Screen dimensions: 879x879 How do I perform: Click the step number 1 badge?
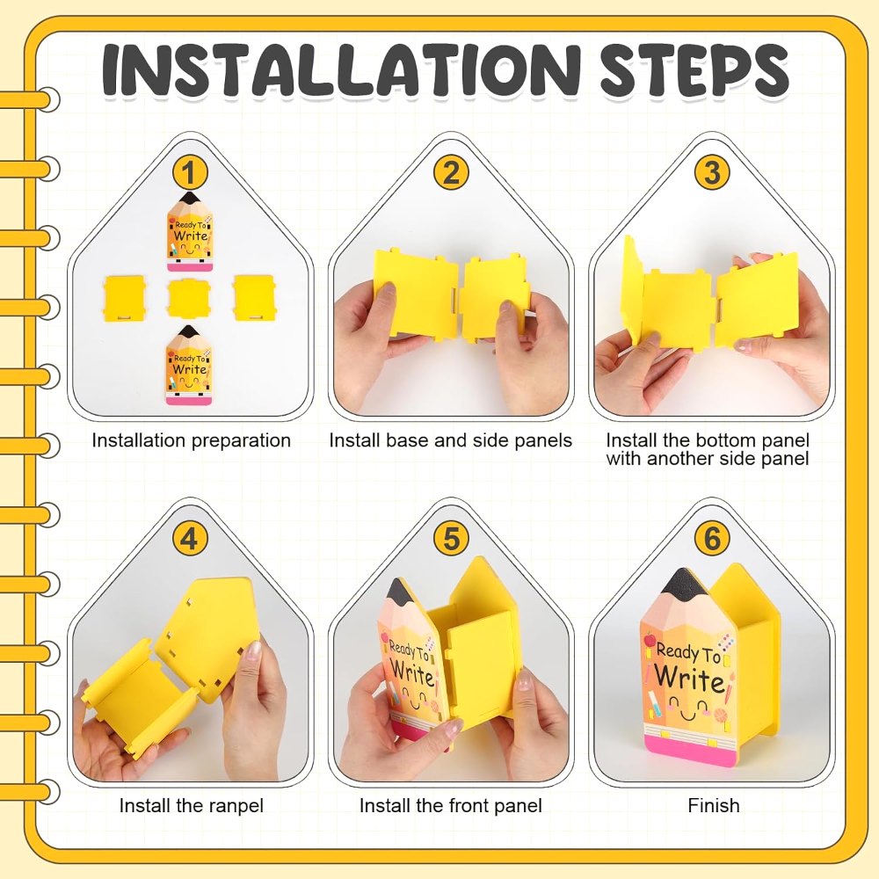tap(190, 172)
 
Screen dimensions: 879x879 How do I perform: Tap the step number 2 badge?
tap(451, 172)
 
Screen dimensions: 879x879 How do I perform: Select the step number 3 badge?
tap(712, 172)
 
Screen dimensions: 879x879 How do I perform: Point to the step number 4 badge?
tap(190, 539)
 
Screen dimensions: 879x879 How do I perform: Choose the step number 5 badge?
tap(451, 539)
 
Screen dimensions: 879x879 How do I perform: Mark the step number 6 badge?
tap(712, 539)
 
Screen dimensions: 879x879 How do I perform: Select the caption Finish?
tap(714, 805)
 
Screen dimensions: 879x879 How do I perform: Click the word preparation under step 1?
tap(241, 440)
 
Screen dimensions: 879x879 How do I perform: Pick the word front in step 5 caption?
tap(468, 805)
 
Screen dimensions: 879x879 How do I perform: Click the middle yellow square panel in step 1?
tap(190, 298)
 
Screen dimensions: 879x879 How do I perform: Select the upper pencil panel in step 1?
tap(190, 231)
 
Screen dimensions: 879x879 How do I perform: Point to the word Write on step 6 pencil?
tap(689, 678)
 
